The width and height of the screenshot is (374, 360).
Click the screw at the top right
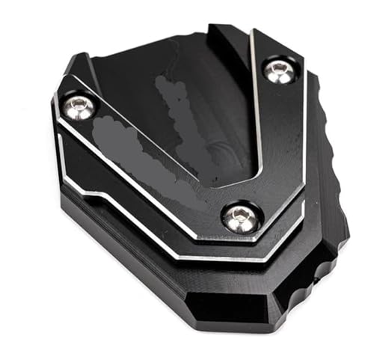click(280, 71)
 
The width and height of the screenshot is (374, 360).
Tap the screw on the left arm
click(79, 106)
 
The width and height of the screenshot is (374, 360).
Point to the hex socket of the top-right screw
click(280, 70)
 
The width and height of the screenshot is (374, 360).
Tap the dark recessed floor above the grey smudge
click(165, 82)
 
